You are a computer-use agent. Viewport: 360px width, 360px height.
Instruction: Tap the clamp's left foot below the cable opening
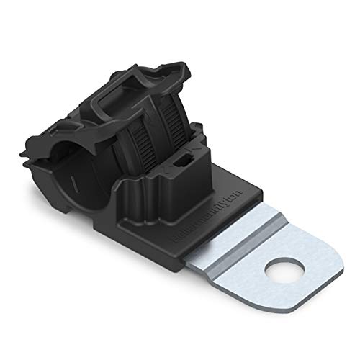(x=80, y=209)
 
